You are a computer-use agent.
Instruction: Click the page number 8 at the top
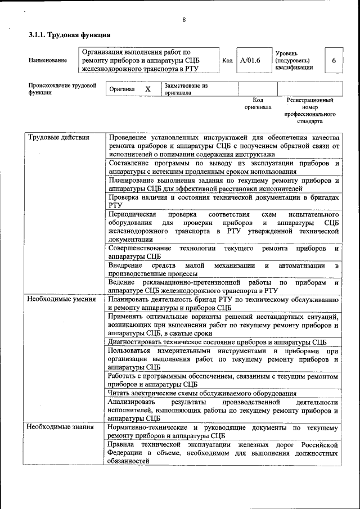click(x=184, y=20)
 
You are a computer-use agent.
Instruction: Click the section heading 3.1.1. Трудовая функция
click(x=65, y=35)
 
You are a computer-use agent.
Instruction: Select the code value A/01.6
click(x=250, y=60)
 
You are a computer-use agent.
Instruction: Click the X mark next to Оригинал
click(x=148, y=89)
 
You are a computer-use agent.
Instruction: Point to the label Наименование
click(x=47, y=60)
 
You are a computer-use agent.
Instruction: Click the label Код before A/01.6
click(x=227, y=60)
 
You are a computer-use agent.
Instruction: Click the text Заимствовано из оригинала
click(x=186, y=89)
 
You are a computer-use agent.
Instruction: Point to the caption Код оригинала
click(x=258, y=103)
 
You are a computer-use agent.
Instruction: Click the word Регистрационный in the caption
click(x=310, y=100)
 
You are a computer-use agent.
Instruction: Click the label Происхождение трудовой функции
click(x=62, y=89)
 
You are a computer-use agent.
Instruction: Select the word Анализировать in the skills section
click(x=132, y=402)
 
